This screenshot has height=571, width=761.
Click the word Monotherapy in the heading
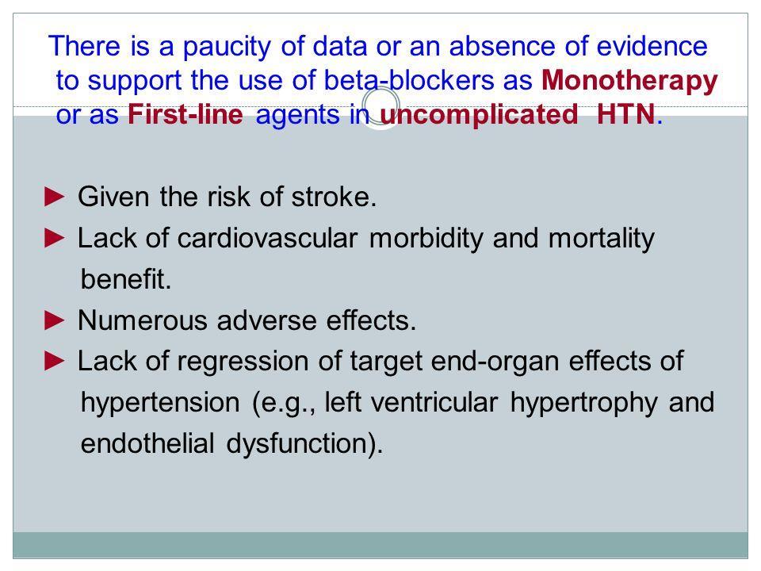[x=629, y=81]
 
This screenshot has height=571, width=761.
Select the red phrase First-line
[x=185, y=115]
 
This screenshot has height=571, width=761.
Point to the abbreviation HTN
[x=625, y=114]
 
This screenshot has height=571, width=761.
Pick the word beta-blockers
[x=409, y=80]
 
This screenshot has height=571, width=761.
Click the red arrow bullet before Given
[x=55, y=197]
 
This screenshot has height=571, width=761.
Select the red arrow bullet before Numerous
[x=55, y=320]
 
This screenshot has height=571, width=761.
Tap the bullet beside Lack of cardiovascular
[x=55, y=238]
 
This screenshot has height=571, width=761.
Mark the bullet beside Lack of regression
[x=55, y=361]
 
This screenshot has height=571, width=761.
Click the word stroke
[x=334, y=197]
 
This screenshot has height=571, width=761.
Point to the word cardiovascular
[x=267, y=239]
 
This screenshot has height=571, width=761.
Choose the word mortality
[x=602, y=240]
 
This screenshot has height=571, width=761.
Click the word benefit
[x=126, y=279]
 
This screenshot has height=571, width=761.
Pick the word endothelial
[x=147, y=444]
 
